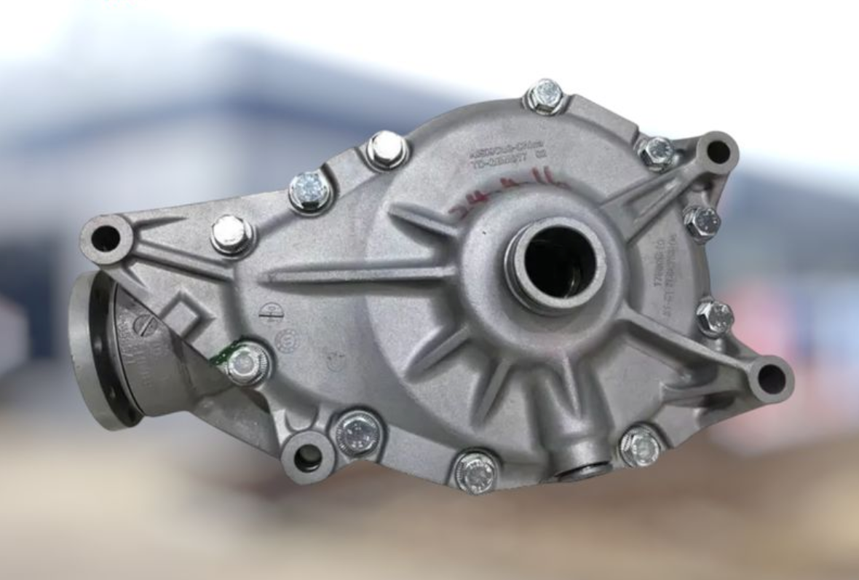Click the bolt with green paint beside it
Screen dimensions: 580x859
[x=246, y=362]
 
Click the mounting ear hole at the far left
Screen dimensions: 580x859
[x=106, y=238]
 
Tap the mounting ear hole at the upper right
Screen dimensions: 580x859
[x=718, y=152]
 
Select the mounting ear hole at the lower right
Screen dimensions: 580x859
[x=771, y=379]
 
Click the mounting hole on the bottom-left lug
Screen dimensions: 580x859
[x=307, y=457]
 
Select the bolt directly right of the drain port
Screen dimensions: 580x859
[x=641, y=445]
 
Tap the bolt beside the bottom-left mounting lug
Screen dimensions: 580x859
[x=357, y=433]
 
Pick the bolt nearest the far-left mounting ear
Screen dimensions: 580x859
[x=231, y=235]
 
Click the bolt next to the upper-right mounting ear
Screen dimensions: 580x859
[x=657, y=152]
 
